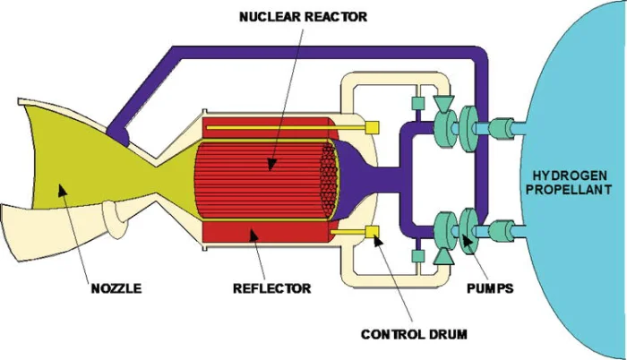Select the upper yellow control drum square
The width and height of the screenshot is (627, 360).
pyautogui.click(x=370, y=129)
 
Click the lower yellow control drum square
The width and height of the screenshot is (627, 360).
pyautogui.click(x=372, y=234)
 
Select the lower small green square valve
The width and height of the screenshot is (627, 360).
pyautogui.click(x=417, y=257)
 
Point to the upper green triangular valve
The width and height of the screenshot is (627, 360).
pyautogui.click(x=441, y=105)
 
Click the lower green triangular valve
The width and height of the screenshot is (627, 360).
pyautogui.click(x=441, y=256)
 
